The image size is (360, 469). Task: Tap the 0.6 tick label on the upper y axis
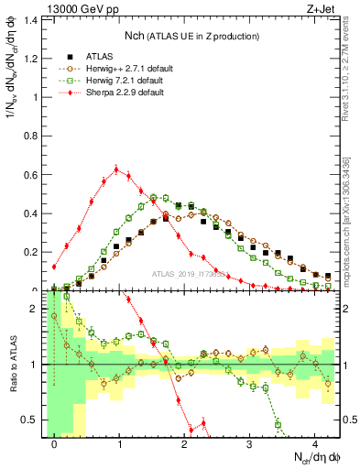coord(31,174)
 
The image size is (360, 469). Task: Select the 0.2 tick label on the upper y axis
coord(31,252)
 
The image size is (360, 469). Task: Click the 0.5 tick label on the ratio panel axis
coord(31,420)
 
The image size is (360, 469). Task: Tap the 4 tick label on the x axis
coord(315,442)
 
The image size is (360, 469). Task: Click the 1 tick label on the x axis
coord(119,442)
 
